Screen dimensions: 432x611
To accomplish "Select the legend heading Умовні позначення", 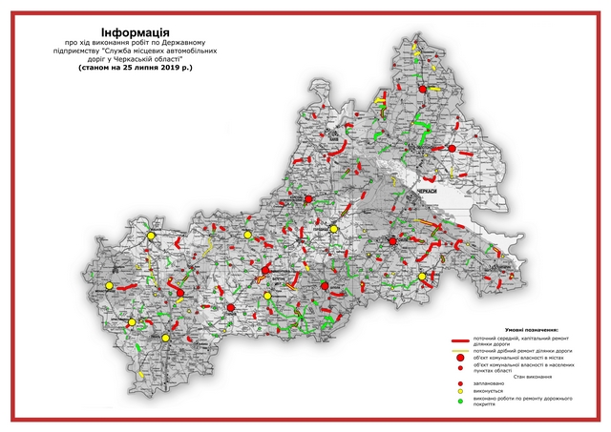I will [520, 327].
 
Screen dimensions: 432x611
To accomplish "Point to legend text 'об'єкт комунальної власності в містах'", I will [520, 358].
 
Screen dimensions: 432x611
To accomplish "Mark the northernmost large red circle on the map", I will [421, 90].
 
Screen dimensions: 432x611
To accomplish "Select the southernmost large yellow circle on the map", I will [165, 337].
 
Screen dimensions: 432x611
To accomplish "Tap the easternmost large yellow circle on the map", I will [422, 278].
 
